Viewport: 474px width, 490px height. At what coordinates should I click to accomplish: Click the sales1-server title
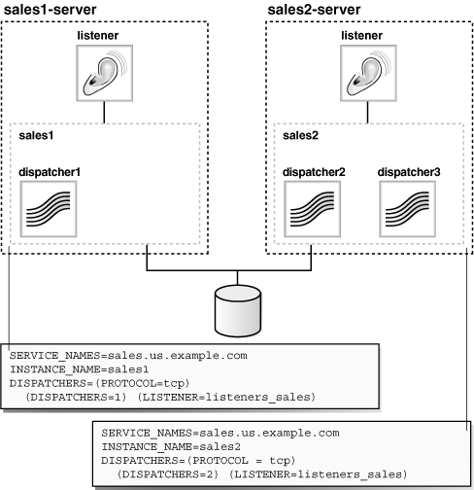tap(50, 10)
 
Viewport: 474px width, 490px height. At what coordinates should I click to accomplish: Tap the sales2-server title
tap(314, 10)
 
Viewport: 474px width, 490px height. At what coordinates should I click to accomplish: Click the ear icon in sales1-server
tap(105, 73)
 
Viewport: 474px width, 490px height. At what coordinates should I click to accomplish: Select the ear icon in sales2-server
tap(368, 73)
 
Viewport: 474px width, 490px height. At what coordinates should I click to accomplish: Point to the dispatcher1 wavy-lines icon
tap(49, 209)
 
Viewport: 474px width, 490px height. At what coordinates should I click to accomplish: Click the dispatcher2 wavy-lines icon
tap(313, 209)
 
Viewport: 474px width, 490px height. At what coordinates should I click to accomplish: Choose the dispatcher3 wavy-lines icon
tap(408, 209)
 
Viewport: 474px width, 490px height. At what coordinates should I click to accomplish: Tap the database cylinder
tap(238, 311)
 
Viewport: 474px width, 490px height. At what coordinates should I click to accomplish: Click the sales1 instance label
tap(36, 135)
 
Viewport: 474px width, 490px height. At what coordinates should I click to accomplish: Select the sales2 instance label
tap(300, 135)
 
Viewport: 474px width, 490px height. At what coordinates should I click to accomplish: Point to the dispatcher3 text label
tap(409, 172)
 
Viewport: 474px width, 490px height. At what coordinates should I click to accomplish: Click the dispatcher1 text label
tap(50, 172)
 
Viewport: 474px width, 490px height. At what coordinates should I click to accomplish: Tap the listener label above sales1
tap(98, 35)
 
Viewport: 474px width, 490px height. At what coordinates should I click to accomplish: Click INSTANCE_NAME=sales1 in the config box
tap(80, 369)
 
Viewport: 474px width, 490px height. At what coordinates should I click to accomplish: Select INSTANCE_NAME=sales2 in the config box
tap(171, 447)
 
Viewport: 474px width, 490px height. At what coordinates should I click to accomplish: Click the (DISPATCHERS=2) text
tap(168, 474)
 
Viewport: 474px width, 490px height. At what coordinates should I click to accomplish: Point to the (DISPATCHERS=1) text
tap(76, 397)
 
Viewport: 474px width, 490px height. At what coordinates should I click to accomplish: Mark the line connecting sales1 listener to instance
tap(104, 113)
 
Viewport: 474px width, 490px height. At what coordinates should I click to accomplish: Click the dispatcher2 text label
tap(314, 172)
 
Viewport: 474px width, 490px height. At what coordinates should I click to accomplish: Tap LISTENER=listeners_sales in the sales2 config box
tap(318, 474)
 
